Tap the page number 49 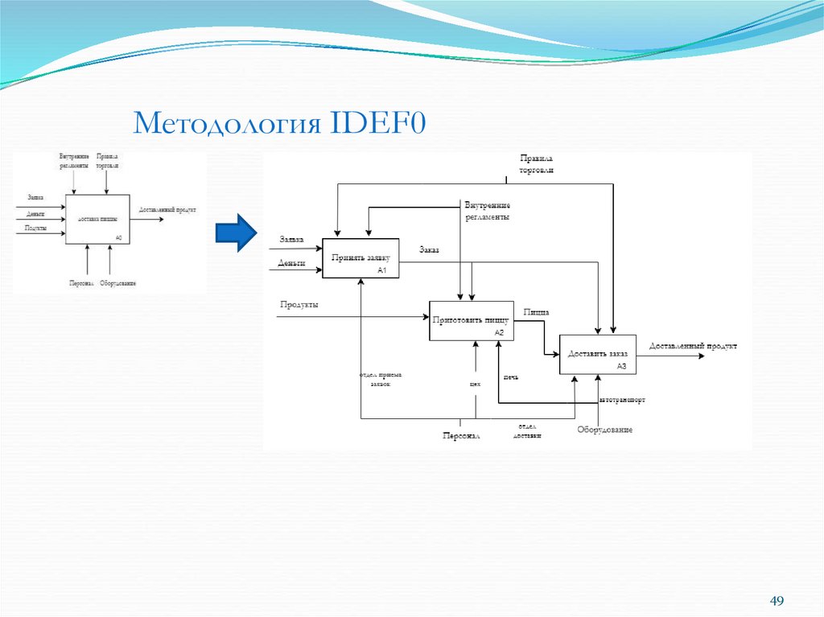coord(777,602)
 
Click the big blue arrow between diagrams coord(235,232)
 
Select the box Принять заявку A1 coord(360,259)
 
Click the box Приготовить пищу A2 coord(472,321)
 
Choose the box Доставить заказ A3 coord(597,354)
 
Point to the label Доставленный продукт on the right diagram coord(692,346)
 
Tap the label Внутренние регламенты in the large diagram coord(487,211)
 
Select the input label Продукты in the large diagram coord(299,304)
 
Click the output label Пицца coord(536,311)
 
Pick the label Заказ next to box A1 coord(429,249)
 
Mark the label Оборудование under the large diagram coord(604,430)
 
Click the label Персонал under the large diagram coord(460,436)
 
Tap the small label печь coord(511,376)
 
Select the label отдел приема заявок coord(381,380)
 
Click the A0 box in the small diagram coord(97,220)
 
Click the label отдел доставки coord(528,430)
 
